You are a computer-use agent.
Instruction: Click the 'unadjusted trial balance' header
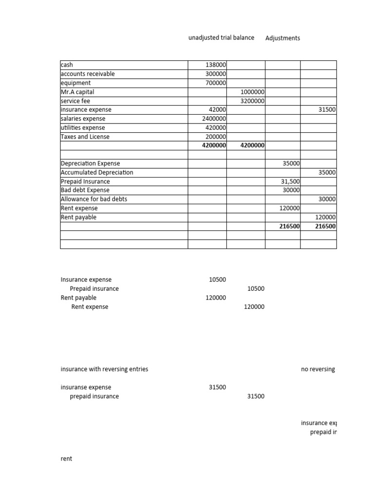[x=221, y=38]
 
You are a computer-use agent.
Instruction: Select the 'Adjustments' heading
[x=282, y=38]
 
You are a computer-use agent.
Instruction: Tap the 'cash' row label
[x=67, y=65]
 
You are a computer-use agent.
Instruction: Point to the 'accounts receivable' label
[x=88, y=74]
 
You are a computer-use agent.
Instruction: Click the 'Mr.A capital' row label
[x=77, y=92]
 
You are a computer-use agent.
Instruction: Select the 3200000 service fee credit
[x=253, y=101]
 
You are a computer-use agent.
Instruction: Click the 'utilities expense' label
[x=83, y=128]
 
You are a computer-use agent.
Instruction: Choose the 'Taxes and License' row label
[x=85, y=137]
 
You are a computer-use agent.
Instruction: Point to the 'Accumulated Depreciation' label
[x=97, y=173]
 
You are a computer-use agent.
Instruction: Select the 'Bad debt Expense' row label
[x=85, y=190]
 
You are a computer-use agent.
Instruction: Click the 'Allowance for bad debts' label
[x=94, y=199]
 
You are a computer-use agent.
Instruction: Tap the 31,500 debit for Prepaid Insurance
[x=291, y=181]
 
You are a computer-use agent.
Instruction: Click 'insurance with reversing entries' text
[x=104, y=369]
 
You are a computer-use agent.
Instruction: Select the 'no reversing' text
[x=318, y=370]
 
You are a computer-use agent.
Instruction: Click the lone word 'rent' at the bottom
[x=66, y=459]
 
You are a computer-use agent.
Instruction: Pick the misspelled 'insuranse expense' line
[x=86, y=388]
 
